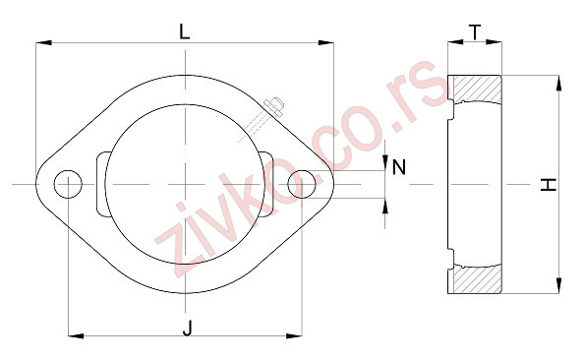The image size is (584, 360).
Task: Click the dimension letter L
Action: (185, 30)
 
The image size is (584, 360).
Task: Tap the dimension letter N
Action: (398, 167)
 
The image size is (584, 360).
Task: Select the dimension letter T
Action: (476, 31)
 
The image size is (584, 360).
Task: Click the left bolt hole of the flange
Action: (68, 183)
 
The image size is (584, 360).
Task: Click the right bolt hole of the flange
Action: (302, 183)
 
